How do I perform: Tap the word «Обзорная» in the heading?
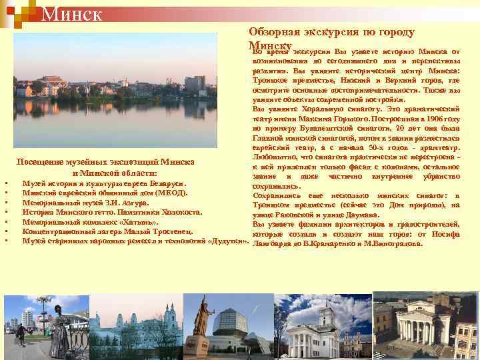tap(270, 31)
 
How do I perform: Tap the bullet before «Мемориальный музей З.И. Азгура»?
tap(5, 203)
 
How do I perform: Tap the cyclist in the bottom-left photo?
tap(21, 333)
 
